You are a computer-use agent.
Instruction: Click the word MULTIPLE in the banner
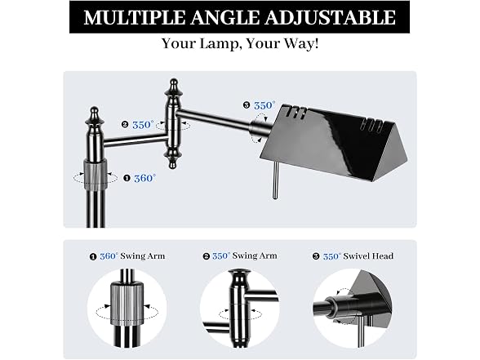[x=135, y=17]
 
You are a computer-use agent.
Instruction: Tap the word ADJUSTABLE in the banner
[x=330, y=17]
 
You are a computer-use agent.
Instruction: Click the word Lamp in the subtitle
[x=219, y=44]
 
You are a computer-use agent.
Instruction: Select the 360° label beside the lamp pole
[x=144, y=178]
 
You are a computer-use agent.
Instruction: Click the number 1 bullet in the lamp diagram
[x=127, y=178]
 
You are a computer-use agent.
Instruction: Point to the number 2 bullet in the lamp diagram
[x=125, y=125]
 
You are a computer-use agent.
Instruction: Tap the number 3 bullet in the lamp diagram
[x=247, y=105]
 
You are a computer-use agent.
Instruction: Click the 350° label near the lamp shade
[x=264, y=105]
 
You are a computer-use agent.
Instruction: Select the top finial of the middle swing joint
[x=174, y=89]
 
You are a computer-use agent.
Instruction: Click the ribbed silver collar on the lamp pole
[x=96, y=172]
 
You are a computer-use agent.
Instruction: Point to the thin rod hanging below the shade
[x=276, y=180]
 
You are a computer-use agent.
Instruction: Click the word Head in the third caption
[x=384, y=256]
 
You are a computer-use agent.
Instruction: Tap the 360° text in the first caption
[x=109, y=256]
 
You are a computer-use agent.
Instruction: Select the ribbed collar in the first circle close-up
[x=127, y=303]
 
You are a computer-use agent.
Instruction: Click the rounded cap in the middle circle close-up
[x=239, y=276]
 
